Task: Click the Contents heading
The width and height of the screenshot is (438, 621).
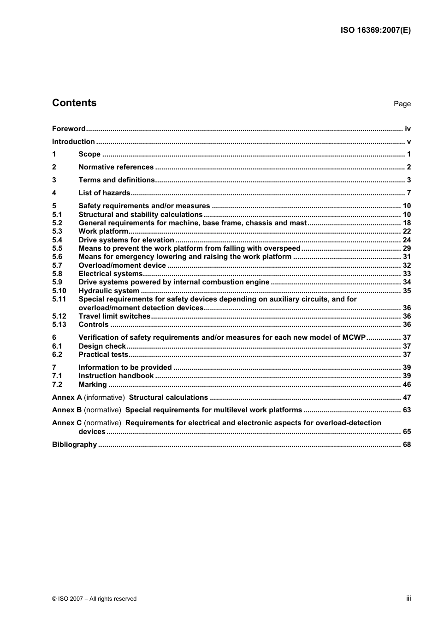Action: tap(74, 103)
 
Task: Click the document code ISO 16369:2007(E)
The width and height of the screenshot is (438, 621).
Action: tap(375, 30)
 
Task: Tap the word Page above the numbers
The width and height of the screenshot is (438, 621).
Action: tap(402, 104)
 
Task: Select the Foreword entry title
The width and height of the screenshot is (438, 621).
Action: tap(69, 129)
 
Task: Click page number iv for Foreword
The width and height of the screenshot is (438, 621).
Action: tap(407, 129)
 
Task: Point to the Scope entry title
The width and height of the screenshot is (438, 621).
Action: tap(89, 154)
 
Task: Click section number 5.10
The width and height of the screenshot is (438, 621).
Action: tap(59, 291)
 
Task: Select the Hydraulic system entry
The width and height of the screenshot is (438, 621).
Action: tap(109, 291)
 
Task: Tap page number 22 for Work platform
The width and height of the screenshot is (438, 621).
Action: tap(406, 231)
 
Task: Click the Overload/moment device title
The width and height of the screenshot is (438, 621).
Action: tap(122, 265)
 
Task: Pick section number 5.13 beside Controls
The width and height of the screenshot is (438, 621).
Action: tap(59, 325)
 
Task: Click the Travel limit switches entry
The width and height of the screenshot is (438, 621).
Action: tap(114, 316)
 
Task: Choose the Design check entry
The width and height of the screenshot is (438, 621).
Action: tap(102, 346)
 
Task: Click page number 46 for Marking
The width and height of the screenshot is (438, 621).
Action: tap(406, 385)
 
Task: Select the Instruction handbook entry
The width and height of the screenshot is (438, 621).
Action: tap(116, 376)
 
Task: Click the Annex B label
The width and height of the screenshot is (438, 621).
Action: tap(67, 410)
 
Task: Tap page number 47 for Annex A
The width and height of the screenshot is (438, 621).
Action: tap(406, 398)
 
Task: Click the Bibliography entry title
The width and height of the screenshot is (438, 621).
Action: tap(74, 445)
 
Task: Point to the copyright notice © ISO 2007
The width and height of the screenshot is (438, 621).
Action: tap(94, 599)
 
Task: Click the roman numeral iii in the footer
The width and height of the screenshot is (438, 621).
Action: tap(408, 598)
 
